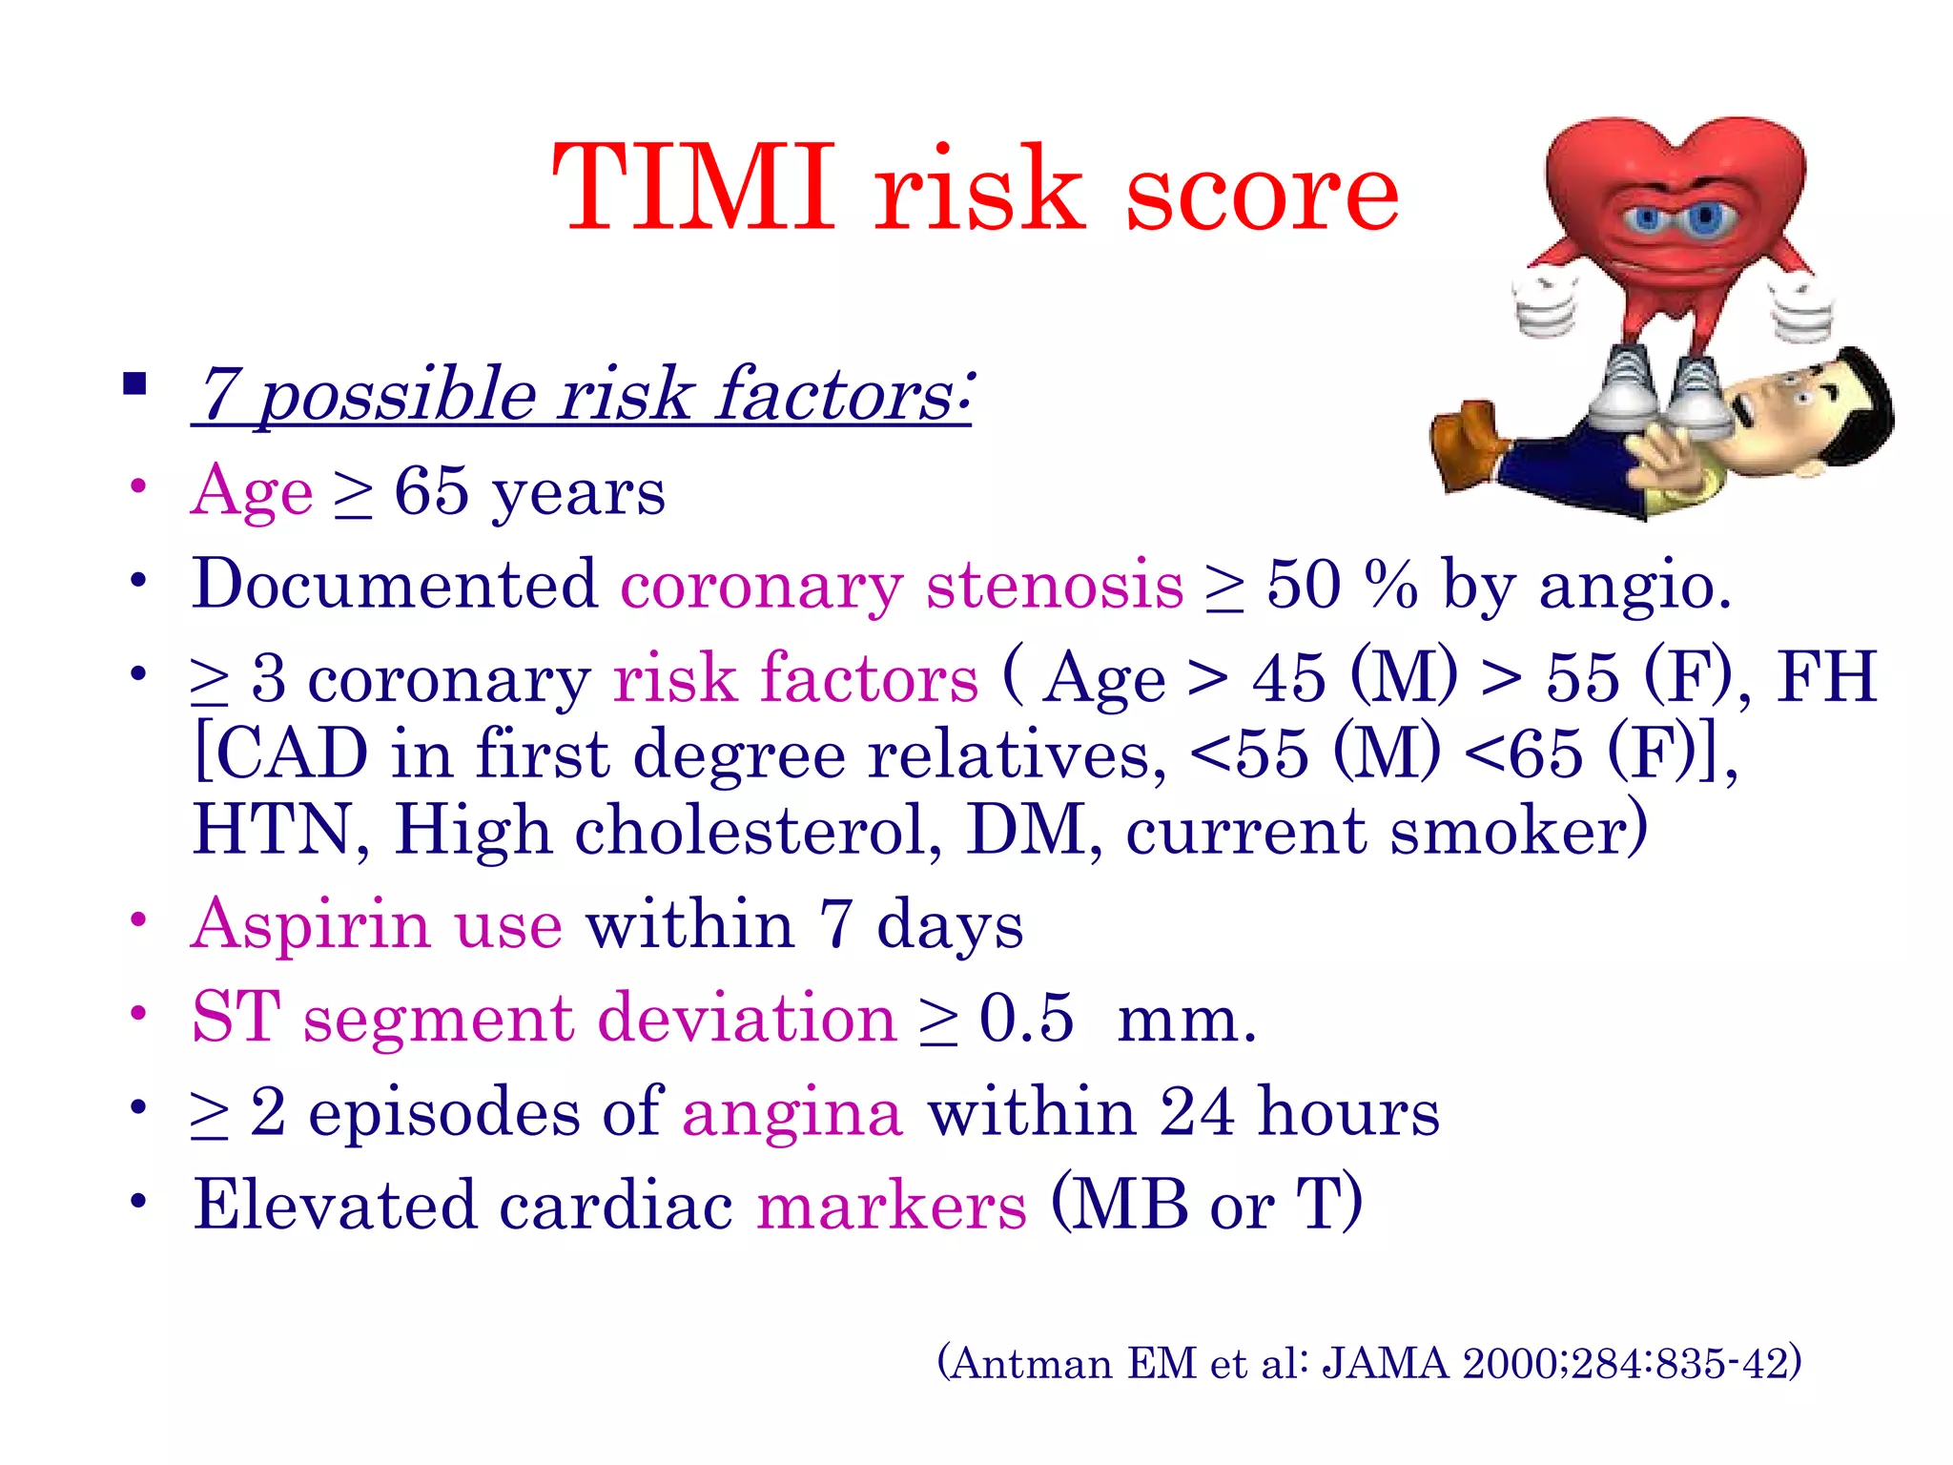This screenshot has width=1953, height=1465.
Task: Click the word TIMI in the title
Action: [694, 188]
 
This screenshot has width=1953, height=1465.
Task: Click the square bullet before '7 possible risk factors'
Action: [134, 384]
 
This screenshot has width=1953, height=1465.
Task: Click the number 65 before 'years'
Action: [431, 491]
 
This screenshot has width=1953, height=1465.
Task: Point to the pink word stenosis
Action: [1054, 585]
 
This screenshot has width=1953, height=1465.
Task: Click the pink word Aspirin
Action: [311, 925]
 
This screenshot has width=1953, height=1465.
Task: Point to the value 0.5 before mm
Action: [1026, 1018]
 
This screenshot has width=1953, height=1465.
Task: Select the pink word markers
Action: [892, 1206]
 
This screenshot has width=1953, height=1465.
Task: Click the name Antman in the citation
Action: [1032, 1363]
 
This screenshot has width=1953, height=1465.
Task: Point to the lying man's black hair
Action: [1864, 401]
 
